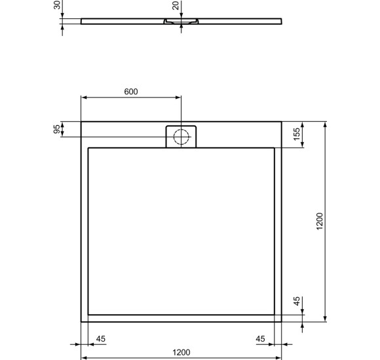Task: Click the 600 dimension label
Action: [x=131, y=91]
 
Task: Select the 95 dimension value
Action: [x=57, y=129]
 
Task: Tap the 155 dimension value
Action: [x=297, y=135]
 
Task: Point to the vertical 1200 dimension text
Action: [x=319, y=221]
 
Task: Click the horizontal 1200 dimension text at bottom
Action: [x=181, y=352]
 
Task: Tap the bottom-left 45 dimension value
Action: [x=101, y=339]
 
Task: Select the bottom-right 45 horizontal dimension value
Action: [x=261, y=339]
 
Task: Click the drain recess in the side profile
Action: [x=181, y=22]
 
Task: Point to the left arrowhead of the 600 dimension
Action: [x=83, y=98]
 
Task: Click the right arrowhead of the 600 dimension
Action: [x=179, y=98]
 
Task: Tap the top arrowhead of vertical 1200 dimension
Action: [x=326, y=124]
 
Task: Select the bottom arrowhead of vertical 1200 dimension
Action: [x=326, y=319]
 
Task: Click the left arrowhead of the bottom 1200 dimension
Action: [x=83, y=359]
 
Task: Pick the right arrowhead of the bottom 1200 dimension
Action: [x=280, y=359]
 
